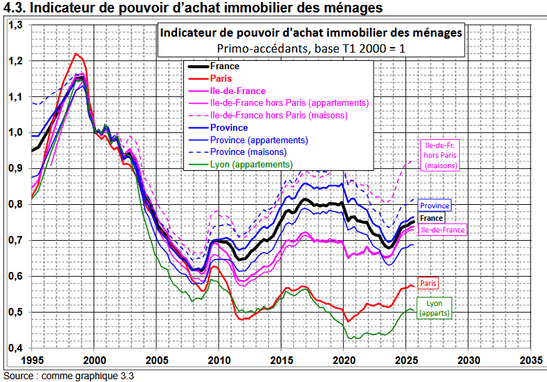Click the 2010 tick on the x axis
point(219,360)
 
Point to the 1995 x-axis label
point(32,360)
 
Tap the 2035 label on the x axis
point(531,360)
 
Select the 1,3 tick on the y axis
point(15,25)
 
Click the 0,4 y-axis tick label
point(15,348)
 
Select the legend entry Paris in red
point(221,79)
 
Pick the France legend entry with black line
point(225,66)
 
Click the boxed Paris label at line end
point(429,283)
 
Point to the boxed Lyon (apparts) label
point(434,308)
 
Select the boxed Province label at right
point(435,206)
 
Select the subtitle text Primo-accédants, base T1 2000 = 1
point(310,48)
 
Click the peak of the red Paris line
point(76,54)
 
